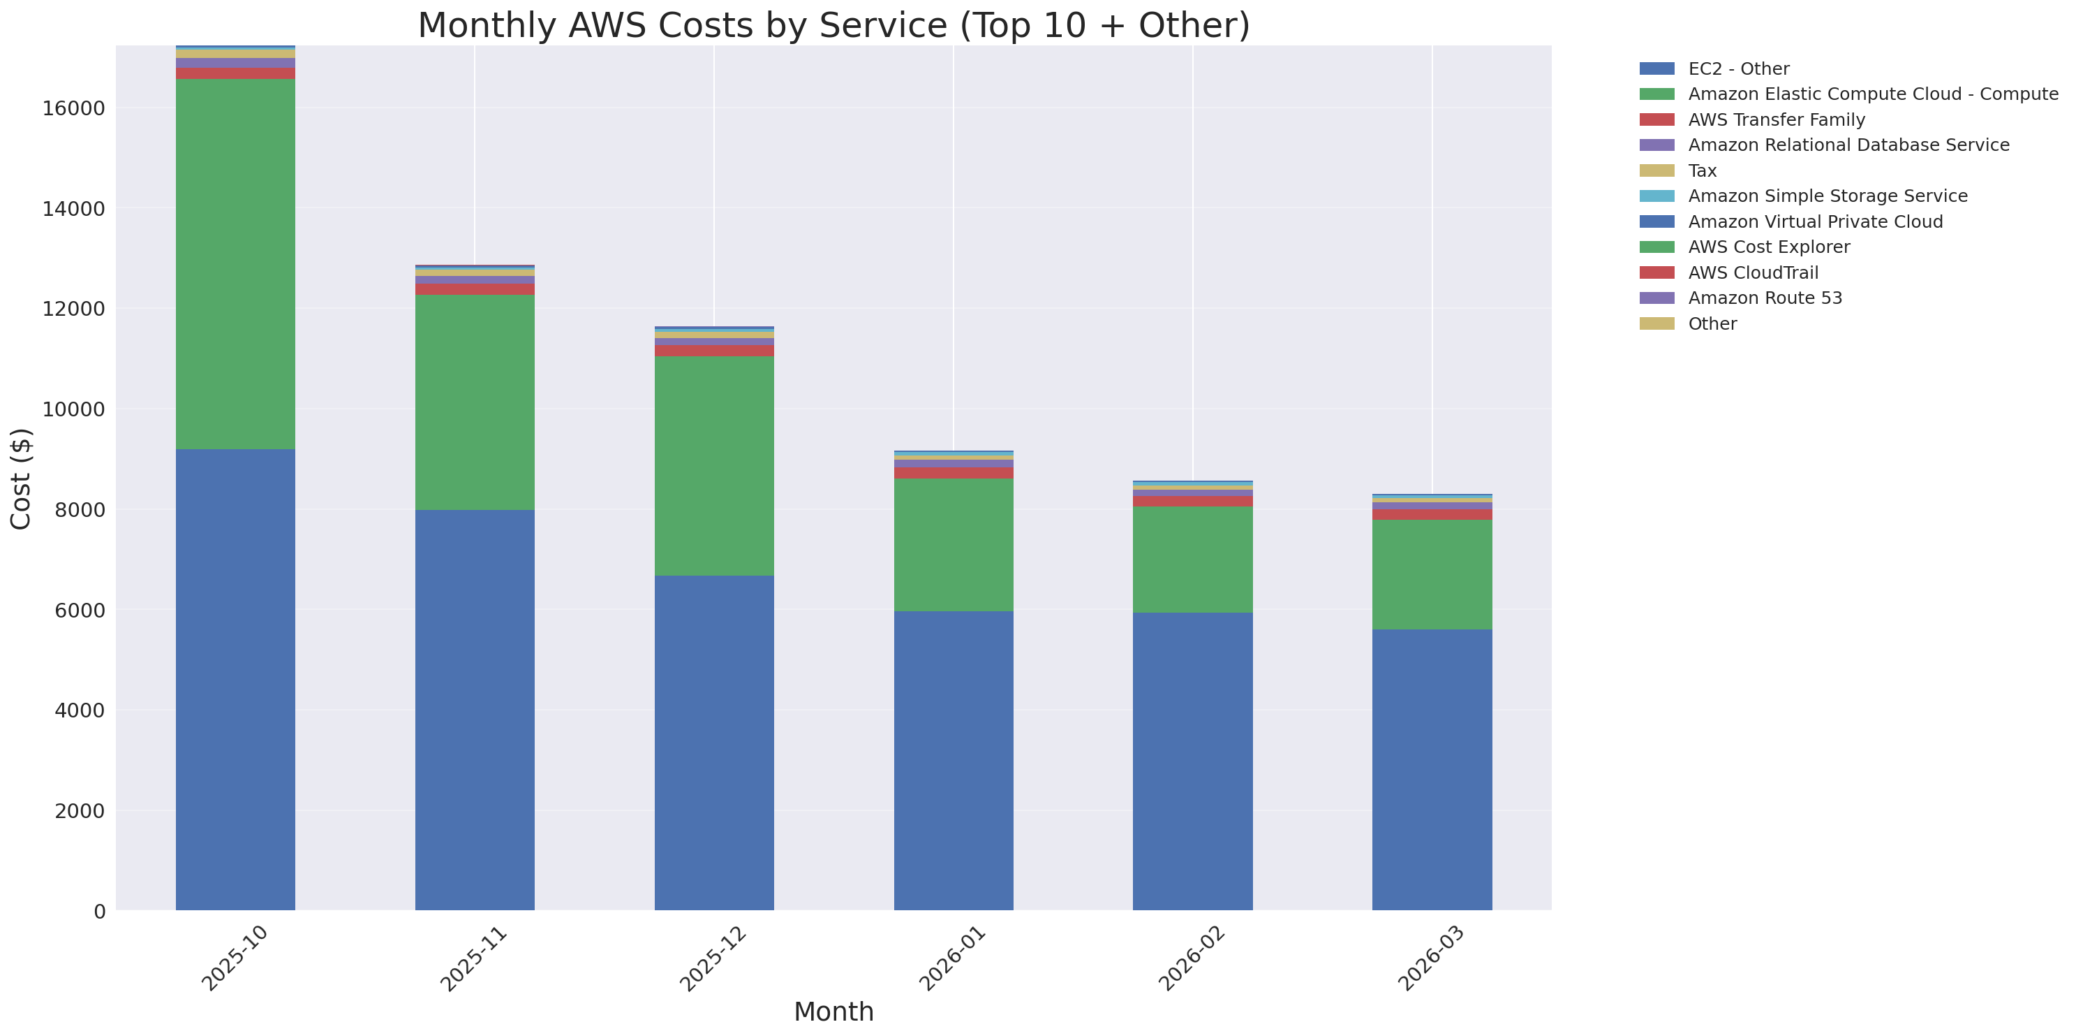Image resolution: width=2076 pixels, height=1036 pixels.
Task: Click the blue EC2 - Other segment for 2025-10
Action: (x=235, y=680)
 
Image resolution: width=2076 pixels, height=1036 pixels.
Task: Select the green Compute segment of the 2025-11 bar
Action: (x=475, y=402)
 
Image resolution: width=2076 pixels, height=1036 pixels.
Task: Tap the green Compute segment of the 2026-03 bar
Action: (x=1432, y=575)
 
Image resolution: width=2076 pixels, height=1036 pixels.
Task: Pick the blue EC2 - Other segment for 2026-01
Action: (x=954, y=760)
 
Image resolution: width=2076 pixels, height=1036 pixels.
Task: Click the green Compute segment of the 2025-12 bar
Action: (x=714, y=466)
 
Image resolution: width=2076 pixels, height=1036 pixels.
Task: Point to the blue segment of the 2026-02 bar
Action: (x=1193, y=761)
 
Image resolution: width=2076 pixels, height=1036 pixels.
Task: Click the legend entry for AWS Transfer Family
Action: (x=1777, y=120)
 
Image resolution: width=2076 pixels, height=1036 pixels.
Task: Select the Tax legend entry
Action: (x=1702, y=171)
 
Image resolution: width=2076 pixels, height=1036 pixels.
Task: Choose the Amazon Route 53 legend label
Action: (x=1765, y=298)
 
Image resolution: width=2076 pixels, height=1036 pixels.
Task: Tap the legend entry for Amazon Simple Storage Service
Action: (x=1827, y=196)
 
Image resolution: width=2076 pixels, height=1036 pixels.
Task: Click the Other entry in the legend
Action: (x=1712, y=324)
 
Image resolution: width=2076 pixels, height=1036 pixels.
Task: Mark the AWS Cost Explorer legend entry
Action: (x=1768, y=247)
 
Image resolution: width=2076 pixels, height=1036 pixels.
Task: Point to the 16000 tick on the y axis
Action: (x=73, y=109)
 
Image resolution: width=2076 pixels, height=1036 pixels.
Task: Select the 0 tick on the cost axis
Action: (x=99, y=911)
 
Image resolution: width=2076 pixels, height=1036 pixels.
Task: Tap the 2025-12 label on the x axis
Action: (x=713, y=959)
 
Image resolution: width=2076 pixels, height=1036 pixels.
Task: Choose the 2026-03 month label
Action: (x=1430, y=959)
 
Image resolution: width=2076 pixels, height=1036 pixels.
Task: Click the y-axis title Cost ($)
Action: (x=21, y=479)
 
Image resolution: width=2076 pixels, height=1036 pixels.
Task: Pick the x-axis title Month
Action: (x=833, y=1012)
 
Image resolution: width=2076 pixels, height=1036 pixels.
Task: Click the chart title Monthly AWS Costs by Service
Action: (x=833, y=26)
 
